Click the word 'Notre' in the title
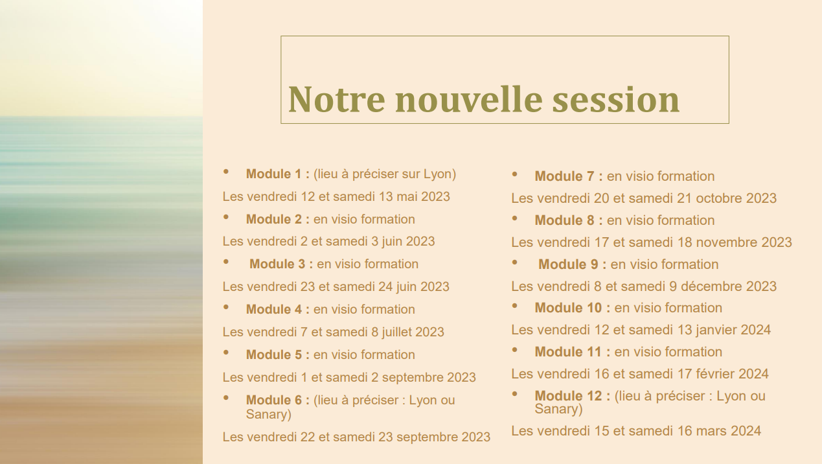click(336, 99)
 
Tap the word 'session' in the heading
click(616, 99)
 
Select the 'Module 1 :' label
click(278, 174)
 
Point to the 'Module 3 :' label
click(281, 264)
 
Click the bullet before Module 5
click(225, 353)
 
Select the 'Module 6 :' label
click(278, 400)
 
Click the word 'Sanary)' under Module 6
click(269, 414)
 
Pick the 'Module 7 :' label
click(569, 176)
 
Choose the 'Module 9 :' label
click(572, 264)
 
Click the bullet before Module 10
click(514, 306)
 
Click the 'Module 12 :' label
click(573, 396)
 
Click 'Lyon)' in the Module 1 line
click(440, 174)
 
